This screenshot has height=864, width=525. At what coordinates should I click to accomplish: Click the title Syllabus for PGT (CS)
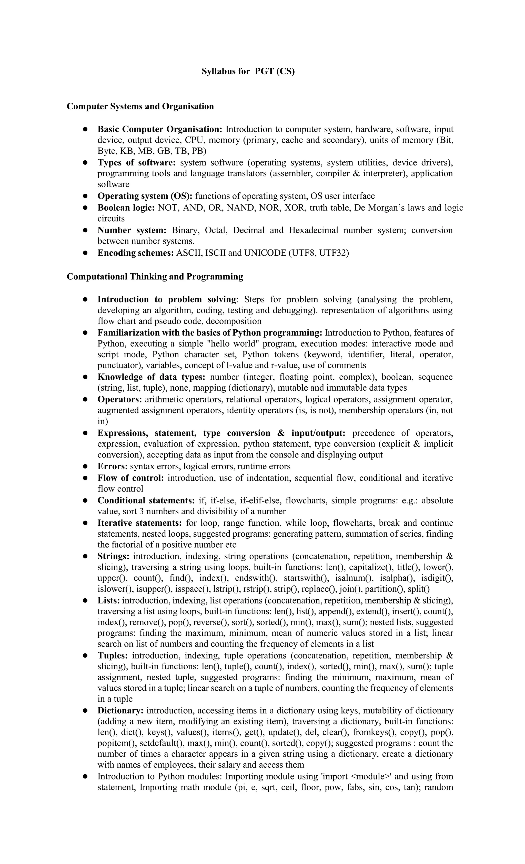(x=248, y=71)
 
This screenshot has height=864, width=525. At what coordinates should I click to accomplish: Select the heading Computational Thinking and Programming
(x=155, y=276)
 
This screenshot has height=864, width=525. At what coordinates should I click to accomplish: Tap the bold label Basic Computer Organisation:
(x=160, y=129)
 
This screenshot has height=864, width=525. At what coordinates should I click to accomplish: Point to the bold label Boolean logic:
(x=126, y=207)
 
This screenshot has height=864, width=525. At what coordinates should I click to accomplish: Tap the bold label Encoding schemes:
(x=135, y=253)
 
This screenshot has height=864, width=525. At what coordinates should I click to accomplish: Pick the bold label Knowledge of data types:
(x=151, y=377)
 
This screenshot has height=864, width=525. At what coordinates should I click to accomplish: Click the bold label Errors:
(x=112, y=466)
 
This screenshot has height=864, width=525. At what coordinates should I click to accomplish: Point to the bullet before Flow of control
(x=85, y=478)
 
